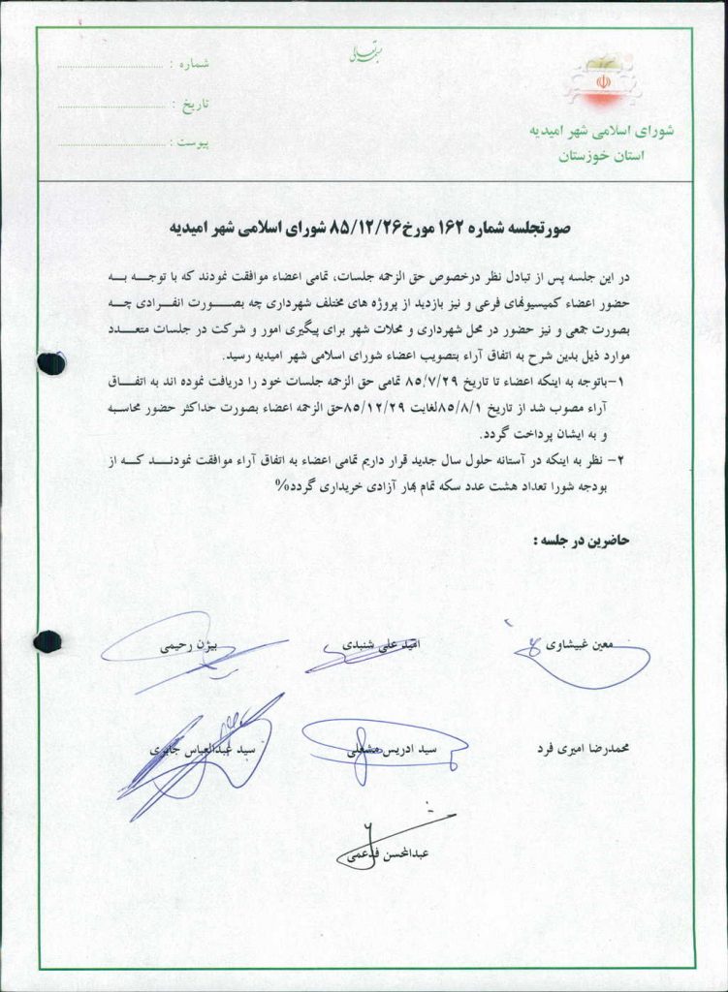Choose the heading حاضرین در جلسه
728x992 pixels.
(x=582, y=541)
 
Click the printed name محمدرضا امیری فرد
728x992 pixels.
(x=583, y=748)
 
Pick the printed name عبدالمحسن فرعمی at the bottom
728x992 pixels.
(x=393, y=853)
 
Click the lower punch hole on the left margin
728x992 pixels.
(x=47, y=640)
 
